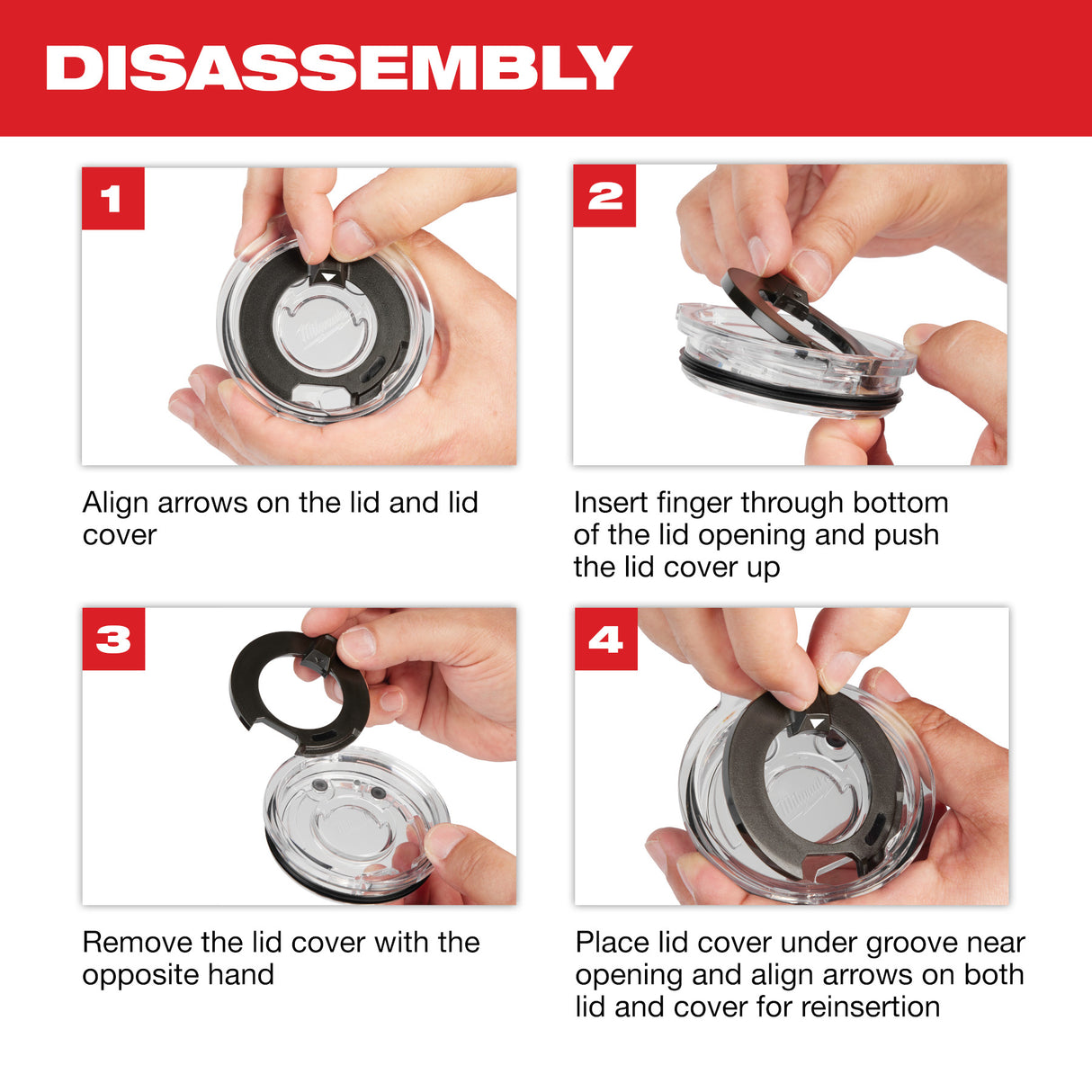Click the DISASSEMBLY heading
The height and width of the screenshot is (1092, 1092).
(x=338, y=68)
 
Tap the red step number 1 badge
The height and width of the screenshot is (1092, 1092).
(x=112, y=199)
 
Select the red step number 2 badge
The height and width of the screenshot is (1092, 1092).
(x=604, y=196)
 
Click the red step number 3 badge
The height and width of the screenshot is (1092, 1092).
(x=113, y=640)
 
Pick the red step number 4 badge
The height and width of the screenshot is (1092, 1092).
(x=605, y=640)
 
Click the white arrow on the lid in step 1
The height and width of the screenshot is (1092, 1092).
(x=330, y=277)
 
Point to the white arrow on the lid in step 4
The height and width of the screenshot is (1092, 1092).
(x=817, y=722)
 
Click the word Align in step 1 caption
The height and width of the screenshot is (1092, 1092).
(x=116, y=502)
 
